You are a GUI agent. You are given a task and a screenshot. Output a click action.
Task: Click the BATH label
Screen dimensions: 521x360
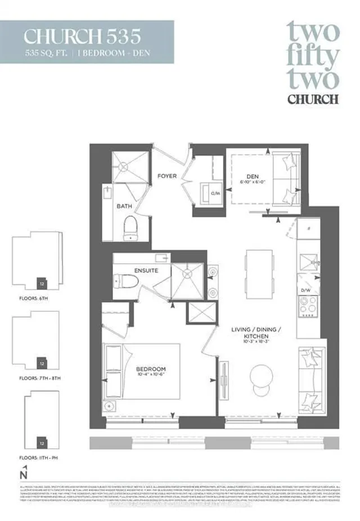124,206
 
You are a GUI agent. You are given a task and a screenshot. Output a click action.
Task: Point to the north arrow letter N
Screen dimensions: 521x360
22,475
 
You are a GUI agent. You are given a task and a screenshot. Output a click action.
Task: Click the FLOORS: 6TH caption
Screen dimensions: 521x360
32,297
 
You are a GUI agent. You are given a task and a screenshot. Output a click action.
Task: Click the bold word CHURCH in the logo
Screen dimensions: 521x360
313,99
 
